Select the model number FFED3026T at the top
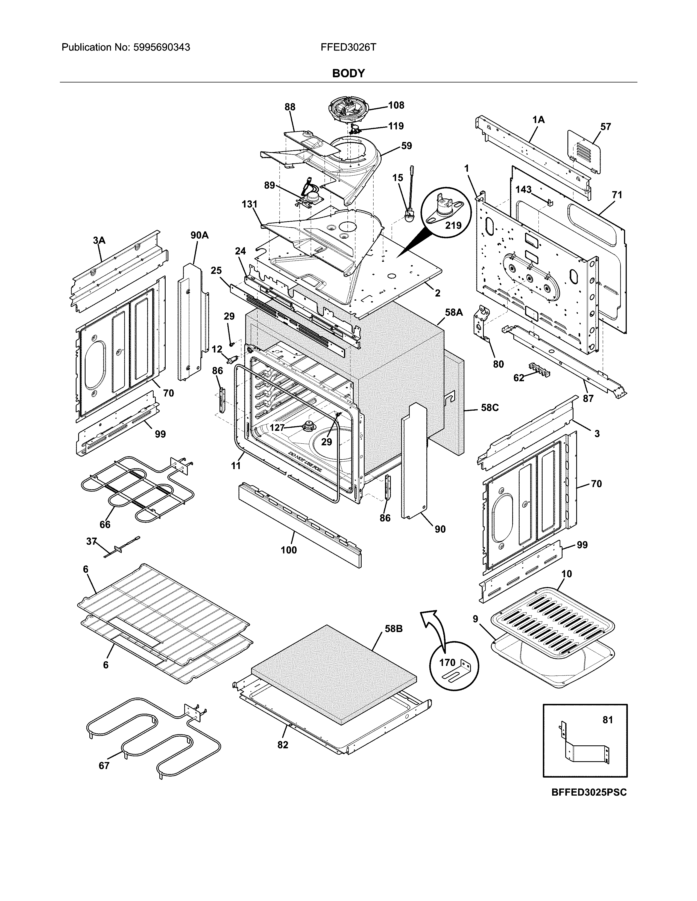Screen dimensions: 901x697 click(348, 48)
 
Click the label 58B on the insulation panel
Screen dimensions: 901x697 click(394, 629)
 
